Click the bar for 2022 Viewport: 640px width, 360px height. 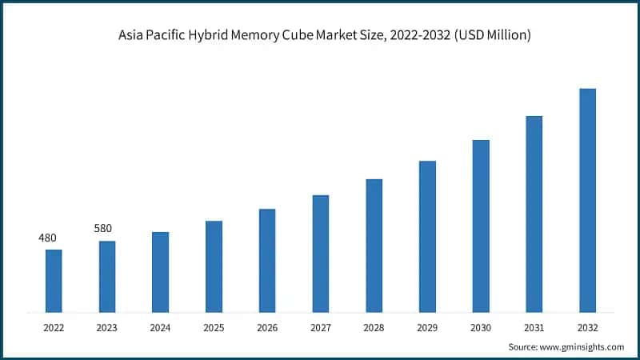(54, 281)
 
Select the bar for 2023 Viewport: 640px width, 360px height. (107, 276)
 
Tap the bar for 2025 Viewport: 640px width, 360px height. (214, 266)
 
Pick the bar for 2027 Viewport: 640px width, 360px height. (321, 253)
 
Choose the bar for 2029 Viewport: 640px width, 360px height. (427, 236)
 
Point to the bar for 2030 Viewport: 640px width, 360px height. (481, 226)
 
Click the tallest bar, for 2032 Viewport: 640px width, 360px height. (587, 200)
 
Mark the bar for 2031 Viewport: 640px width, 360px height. (534, 214)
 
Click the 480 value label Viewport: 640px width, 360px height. (48, 238)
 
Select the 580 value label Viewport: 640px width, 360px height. (103, 229)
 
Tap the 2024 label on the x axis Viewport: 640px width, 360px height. (160, 327)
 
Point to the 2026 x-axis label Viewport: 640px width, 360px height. (267, 327)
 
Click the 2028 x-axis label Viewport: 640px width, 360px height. (374, 327)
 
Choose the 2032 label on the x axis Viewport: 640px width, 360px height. (587, 327)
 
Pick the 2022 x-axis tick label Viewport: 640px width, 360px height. (54, 327)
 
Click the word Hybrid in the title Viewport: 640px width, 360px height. (211, 36)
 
